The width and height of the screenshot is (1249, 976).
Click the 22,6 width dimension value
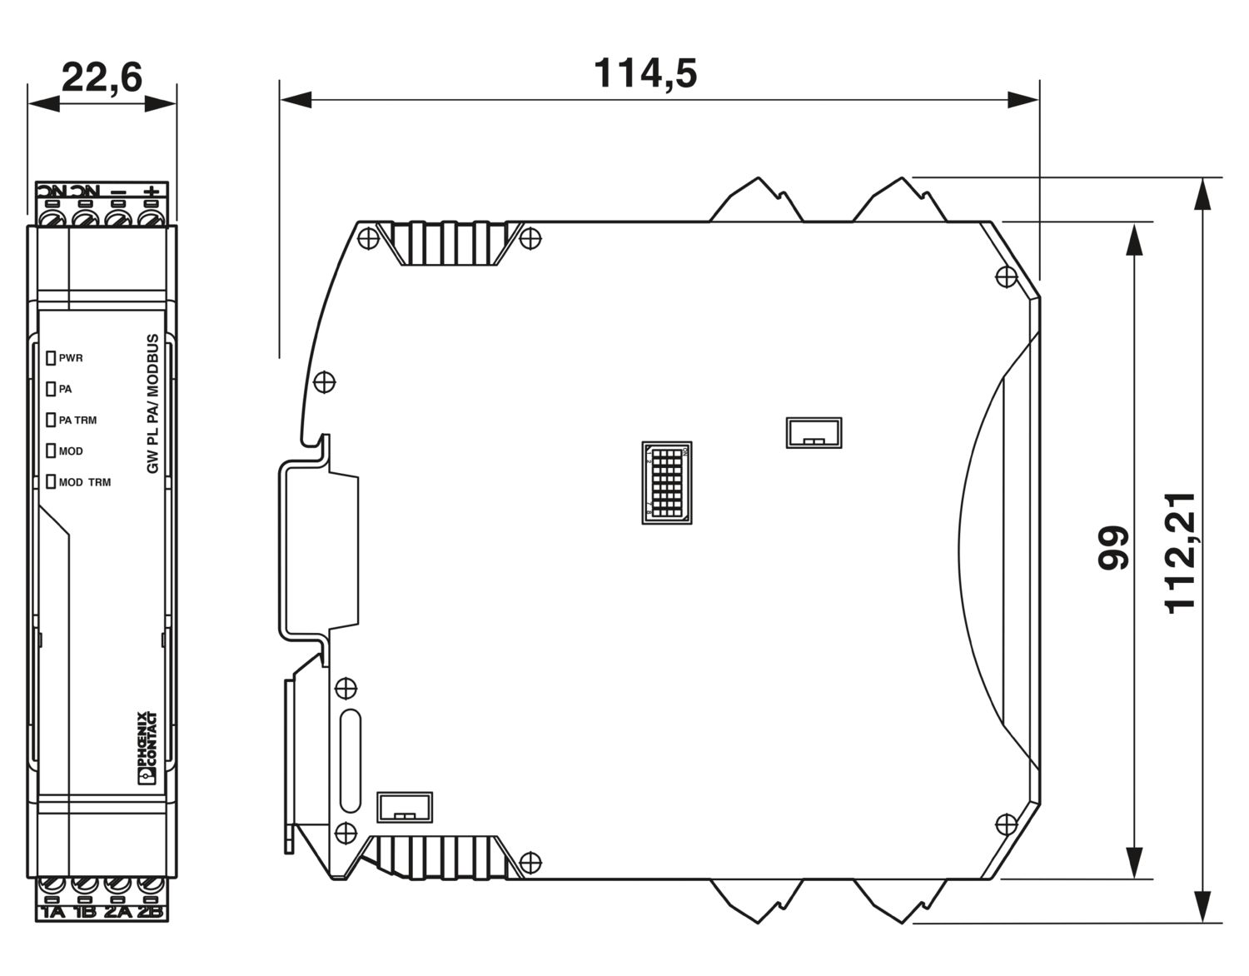[102, 77]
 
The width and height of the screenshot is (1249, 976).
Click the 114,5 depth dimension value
[644, 73]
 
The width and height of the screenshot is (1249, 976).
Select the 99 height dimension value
[1113, 548]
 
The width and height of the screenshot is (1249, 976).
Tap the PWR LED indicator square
[51, 358]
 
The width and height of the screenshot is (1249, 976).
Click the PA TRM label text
[77, 420]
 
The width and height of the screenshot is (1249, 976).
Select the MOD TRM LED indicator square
[51, 481]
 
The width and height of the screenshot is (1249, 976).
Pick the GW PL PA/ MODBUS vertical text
[152, 404]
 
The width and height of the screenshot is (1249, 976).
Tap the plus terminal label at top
[151, 192]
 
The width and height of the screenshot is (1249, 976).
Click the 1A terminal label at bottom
[52, 912]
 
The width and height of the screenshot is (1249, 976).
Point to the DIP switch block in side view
[666, 483]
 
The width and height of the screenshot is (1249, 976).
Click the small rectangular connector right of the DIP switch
[814, 432]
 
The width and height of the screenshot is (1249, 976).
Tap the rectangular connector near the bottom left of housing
[406, 807]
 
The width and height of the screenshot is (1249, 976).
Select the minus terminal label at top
[118, 192]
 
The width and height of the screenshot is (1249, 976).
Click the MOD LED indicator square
[51, 451]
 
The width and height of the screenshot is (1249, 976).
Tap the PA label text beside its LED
[65, 389]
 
